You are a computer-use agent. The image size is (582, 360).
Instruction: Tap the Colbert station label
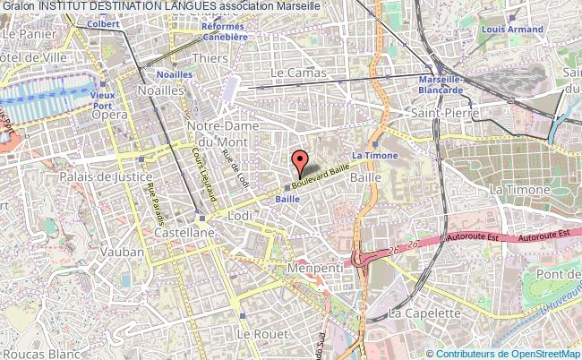(x=104, y=25)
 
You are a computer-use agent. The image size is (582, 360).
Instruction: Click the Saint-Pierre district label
(x=444, y=114)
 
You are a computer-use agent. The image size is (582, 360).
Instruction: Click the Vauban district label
(x=118, y=253)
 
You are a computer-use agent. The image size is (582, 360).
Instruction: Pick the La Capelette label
(x=422, y=313)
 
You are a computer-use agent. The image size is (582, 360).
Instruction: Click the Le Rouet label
(x=255, y=333)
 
